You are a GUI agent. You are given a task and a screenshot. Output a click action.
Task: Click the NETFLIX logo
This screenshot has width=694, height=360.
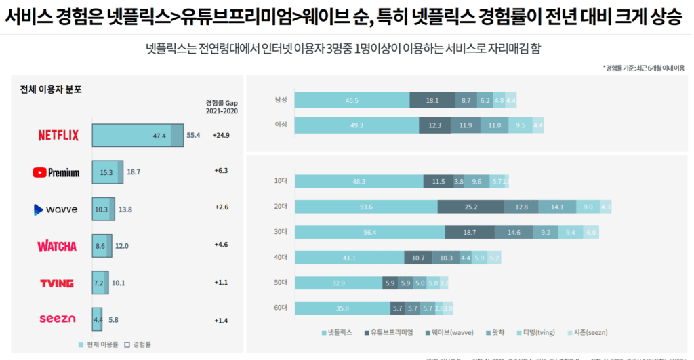[58, 136]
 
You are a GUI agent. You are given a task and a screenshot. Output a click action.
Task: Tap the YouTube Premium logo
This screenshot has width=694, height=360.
[56, 172]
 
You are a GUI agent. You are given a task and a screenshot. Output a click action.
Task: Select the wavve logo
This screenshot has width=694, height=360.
[56, 209]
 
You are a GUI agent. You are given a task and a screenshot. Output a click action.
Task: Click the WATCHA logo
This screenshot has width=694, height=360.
[57, 246]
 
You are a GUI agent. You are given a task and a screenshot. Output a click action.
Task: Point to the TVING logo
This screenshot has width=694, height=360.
[57, 283]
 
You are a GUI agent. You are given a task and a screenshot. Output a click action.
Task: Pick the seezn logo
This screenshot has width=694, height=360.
[57, 319]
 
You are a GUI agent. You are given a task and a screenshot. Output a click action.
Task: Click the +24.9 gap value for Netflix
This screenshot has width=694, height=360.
[221, 136]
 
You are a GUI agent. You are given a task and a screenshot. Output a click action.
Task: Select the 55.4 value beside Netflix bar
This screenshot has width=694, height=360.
[193, 136]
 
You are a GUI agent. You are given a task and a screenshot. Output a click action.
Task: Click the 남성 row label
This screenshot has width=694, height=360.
[281, 100]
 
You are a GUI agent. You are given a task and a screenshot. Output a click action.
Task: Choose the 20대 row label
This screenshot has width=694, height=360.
[281, 206]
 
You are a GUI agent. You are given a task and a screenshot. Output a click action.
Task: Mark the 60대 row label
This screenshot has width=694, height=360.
[281, 308]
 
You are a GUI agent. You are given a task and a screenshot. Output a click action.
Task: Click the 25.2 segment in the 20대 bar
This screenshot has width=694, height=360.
[471, 206]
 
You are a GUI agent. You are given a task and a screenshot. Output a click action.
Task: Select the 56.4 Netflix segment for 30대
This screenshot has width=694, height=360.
[370, 232]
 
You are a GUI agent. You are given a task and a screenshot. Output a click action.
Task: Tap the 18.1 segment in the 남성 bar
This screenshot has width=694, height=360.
[432, 100]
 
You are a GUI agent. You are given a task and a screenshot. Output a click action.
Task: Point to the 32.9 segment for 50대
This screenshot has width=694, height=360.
[338, 283]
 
